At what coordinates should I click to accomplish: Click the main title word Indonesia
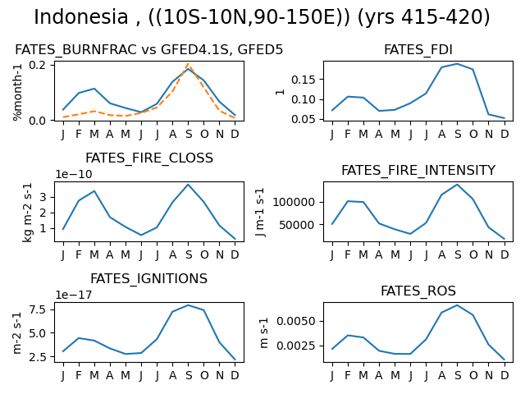[x=81, y=16]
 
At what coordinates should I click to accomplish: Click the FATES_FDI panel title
[x=418, y=49]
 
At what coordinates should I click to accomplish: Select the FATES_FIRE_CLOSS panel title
[x=149, y=158]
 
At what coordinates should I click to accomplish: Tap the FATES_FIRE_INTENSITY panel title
[x=418, y=170]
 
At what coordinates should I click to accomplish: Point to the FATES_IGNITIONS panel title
[x=149, y=279]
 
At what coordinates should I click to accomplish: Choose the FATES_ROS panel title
[x=418, y=291]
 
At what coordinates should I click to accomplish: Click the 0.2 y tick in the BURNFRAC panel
[x=37, y=65]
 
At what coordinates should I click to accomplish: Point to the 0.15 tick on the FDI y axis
[x=303, y=80]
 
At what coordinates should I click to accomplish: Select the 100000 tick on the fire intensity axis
[x=294, y=202]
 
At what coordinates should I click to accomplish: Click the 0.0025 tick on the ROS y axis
[x=296, y=346]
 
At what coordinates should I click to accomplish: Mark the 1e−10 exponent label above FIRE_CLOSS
[x=74, y=174]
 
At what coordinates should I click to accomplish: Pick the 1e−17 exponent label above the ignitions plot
[x=74, y=295]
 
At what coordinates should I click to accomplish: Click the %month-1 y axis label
[x=17, y=93]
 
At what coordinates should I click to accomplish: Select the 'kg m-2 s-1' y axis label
[x=27, y=212]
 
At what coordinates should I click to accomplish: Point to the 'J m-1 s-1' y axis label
[x=260, y=212]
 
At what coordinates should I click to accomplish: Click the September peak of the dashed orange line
[x=189, y=64]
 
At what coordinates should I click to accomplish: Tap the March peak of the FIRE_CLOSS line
[x=94, y=191]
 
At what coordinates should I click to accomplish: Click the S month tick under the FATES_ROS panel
[x=458, y=376]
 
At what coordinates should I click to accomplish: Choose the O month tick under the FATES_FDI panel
[x=473, y=134]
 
